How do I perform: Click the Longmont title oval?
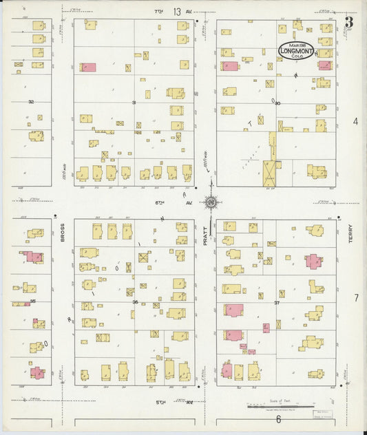297,50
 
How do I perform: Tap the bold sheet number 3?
349,21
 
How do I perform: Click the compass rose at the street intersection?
210,202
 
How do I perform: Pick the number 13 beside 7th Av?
178,11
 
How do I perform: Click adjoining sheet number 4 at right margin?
356,121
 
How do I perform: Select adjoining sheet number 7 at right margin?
356,298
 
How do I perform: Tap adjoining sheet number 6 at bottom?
278,418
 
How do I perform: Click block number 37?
277,302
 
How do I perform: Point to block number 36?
135,302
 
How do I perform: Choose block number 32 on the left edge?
30,102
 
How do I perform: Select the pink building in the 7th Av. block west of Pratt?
87,67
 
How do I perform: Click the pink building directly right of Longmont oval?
325,65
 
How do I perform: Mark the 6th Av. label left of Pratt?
161,203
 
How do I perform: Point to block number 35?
32,301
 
